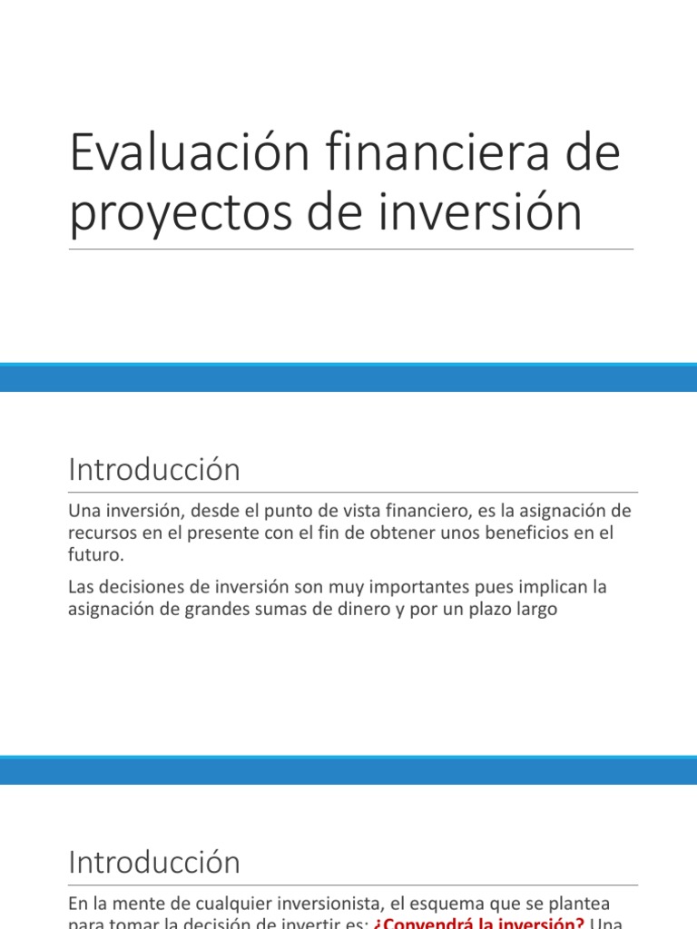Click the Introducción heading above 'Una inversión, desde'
click(154, 471)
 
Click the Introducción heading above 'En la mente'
click(154, 862)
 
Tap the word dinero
click(348, 609)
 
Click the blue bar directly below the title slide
click(348, 377)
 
